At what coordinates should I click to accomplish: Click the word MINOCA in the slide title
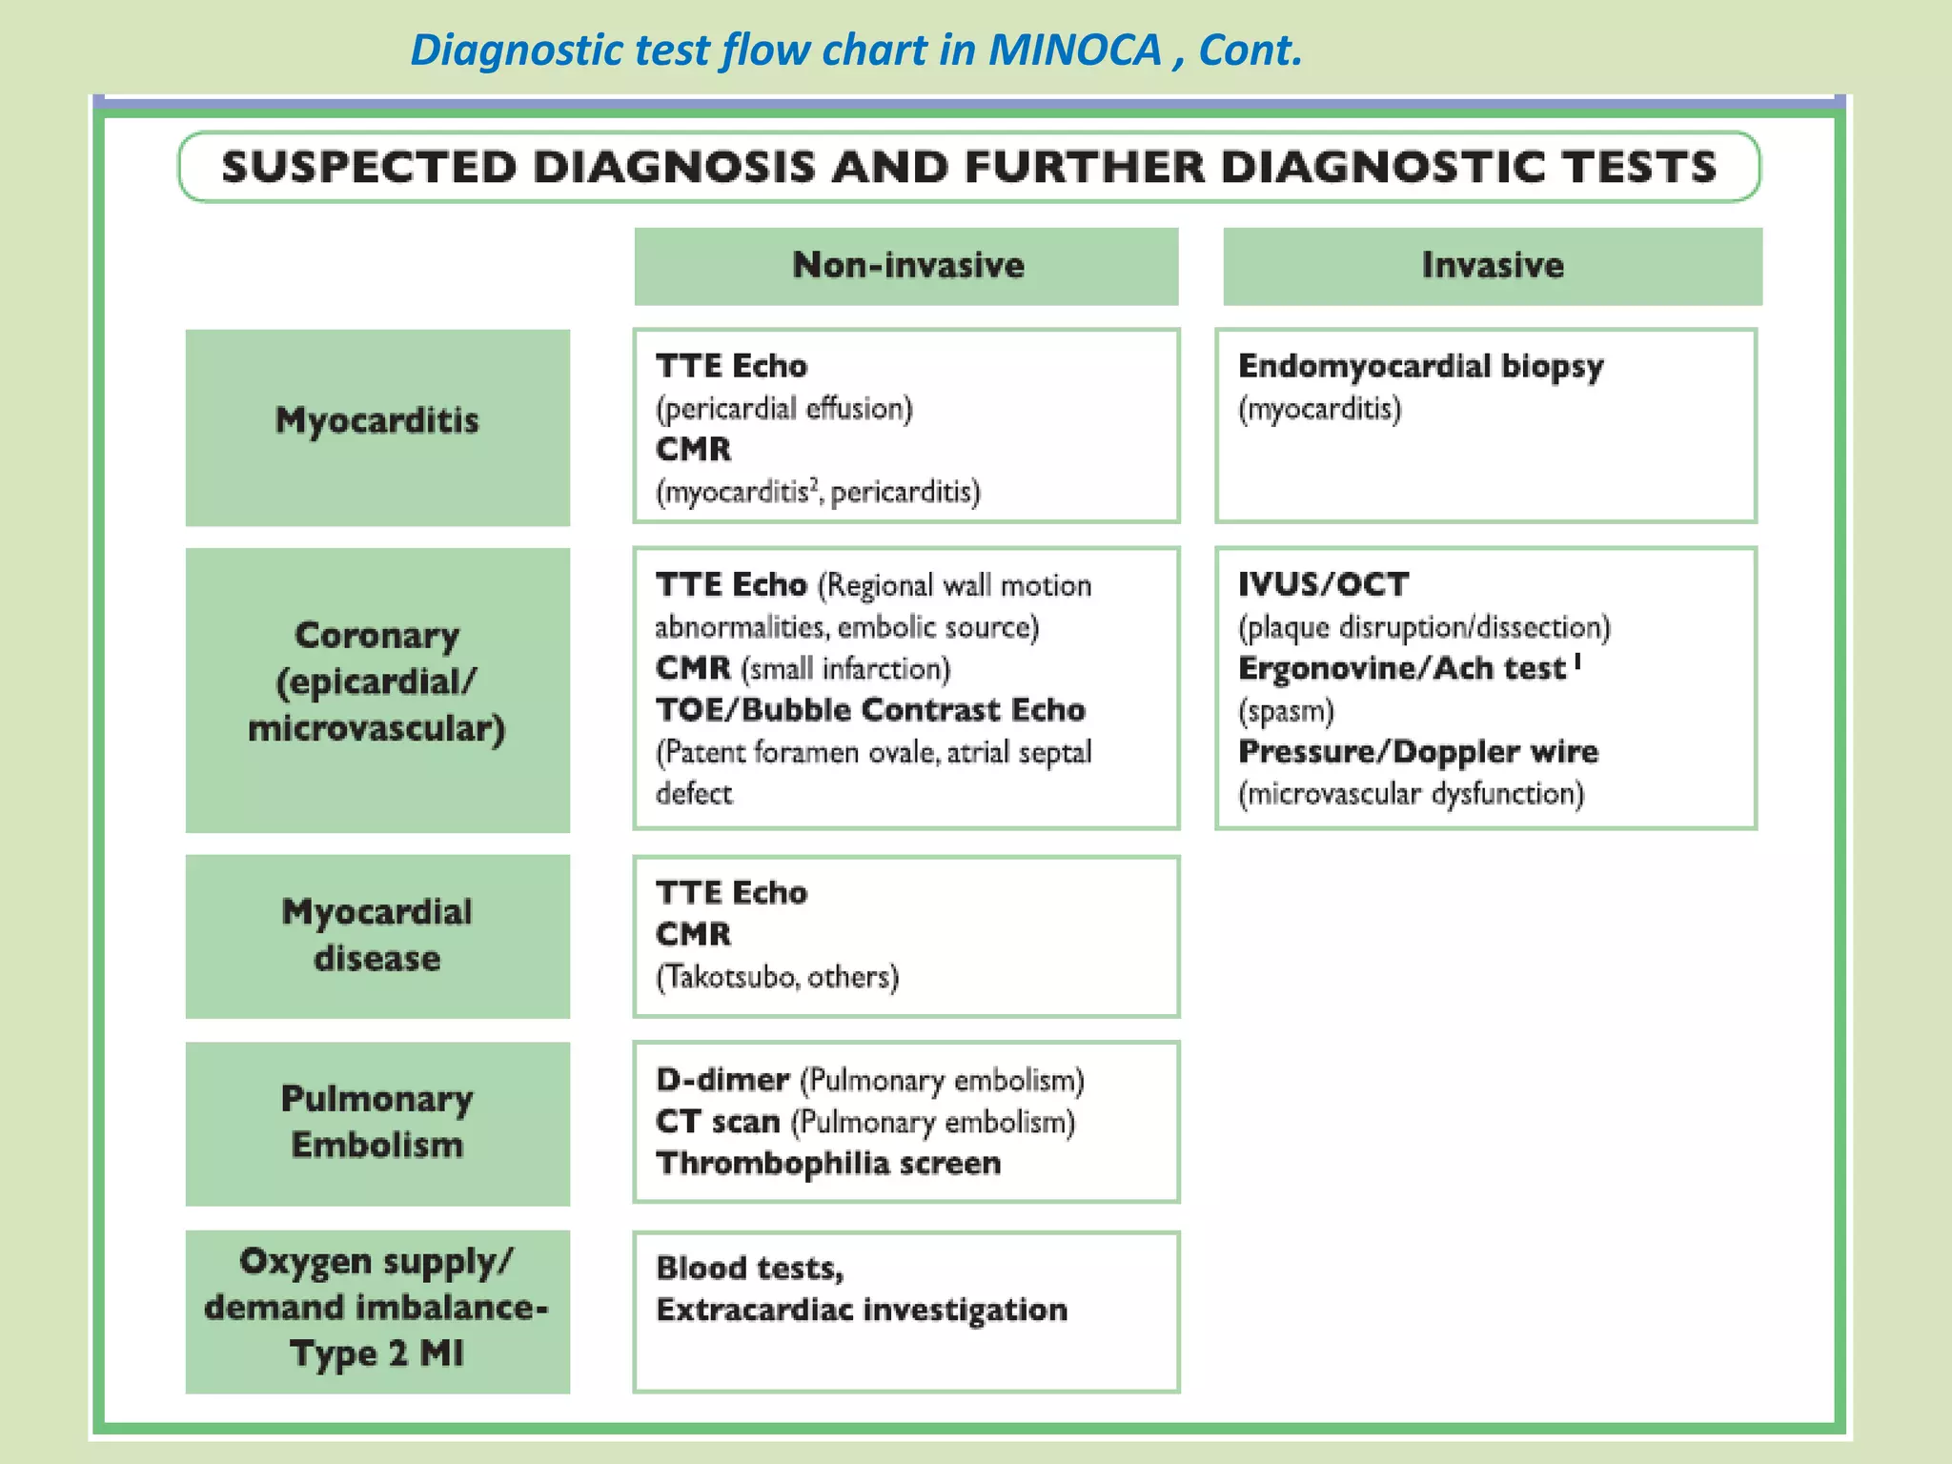coord(1074,50)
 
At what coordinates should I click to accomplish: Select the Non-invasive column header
coord(907,265)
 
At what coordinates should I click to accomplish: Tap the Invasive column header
coord(1492,265)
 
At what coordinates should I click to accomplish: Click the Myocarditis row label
coord(377,420)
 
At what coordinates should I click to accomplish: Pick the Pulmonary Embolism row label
coord(377,1122)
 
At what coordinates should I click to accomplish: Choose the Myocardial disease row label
coord(377,935)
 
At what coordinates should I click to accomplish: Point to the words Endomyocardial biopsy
coord(1420,366)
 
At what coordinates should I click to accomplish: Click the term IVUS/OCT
coord(1323,584)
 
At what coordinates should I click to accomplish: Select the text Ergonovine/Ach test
coord(1401,669)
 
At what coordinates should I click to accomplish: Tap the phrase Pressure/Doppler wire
coord(1417,752)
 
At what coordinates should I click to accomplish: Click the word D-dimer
coord(722,1080)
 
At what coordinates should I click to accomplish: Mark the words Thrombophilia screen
coord(828,1164)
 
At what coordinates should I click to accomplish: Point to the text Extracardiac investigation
coord(862,1311)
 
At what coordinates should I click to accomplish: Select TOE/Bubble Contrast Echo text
coord(870,710)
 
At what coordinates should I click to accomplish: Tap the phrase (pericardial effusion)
coord(783,409)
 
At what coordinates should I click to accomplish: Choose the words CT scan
coord(718,1122)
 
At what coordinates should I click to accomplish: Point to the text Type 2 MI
coord(377,1353)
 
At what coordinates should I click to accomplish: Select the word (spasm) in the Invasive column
coord(1286,711)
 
